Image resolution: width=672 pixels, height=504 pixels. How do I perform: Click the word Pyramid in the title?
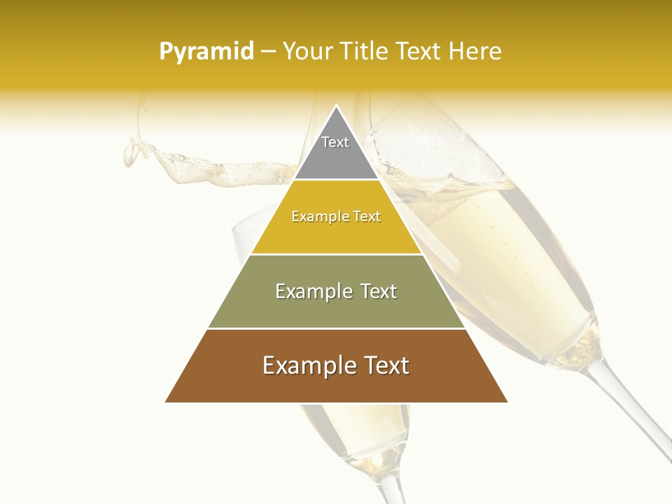coord(206,52)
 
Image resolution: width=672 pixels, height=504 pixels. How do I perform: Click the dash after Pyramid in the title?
coord(267,52)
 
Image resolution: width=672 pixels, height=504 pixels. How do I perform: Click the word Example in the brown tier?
coord(307,365)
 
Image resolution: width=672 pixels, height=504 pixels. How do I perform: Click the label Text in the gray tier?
coord(335,142)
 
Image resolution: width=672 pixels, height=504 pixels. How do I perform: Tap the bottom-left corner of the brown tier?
coord(166,402)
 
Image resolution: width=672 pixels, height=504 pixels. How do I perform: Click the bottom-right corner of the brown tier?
coord(507,402)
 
